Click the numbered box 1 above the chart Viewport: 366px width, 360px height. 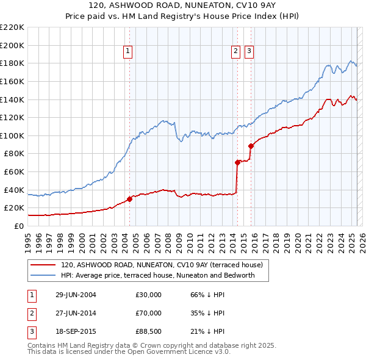[128, 52]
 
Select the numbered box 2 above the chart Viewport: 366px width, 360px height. [236, 52]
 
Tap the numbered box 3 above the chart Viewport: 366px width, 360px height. [249, 52]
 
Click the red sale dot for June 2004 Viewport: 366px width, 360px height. [129, 198]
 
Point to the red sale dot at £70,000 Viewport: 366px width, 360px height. [237, 162]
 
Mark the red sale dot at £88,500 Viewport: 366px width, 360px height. [251, 146]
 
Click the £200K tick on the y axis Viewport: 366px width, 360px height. [12, 45]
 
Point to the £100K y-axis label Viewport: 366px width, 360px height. [12, 135]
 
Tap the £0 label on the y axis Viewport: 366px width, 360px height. [18, 226]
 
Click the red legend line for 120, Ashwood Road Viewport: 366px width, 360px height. [43, 265]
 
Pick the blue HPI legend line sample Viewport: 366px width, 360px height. [43, 275]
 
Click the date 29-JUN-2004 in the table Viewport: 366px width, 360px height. [76, 295]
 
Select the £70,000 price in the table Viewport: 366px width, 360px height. [149, 313]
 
